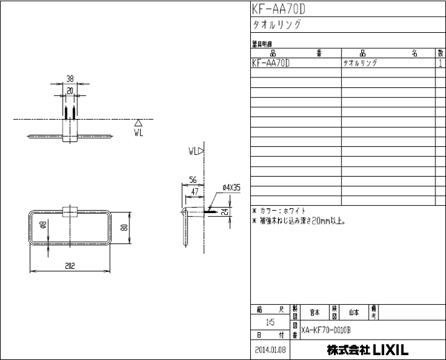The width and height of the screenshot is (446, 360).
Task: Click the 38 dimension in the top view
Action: [70, 79]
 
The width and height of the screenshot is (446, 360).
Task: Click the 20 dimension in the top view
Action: [70, 90]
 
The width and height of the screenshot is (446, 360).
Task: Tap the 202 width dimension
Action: [70, 266]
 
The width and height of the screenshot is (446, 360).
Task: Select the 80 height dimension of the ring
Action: [124, 227]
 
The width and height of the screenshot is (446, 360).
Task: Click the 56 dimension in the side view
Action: [193, 180]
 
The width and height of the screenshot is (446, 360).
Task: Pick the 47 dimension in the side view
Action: [195, 192]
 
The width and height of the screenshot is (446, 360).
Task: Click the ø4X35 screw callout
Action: [231, 187]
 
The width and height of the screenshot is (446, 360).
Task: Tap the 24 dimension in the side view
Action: [225, 211]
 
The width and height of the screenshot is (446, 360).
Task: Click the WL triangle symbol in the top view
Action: [138, 123]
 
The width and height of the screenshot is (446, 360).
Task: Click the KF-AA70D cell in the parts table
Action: [272, 63]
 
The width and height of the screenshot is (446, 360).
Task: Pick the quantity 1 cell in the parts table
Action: [440, 63]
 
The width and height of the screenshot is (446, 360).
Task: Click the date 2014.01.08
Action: [269, 349]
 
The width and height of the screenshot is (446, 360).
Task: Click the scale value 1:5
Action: [269, 323]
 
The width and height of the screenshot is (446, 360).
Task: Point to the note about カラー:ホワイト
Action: [281, 211]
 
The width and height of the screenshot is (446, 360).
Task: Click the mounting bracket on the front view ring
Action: [70, 211]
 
